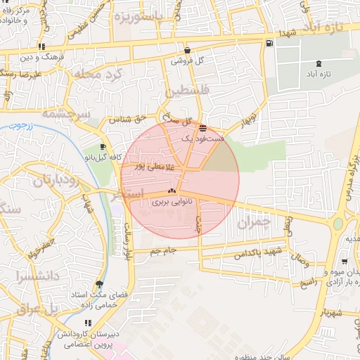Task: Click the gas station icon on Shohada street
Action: [x=270, y=44]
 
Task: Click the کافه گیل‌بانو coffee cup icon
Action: [x=103, y=147]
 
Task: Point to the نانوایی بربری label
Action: [x=172, y=202]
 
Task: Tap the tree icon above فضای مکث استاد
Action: [x=100, y=284]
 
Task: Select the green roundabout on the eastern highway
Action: [x=337, y=224]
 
